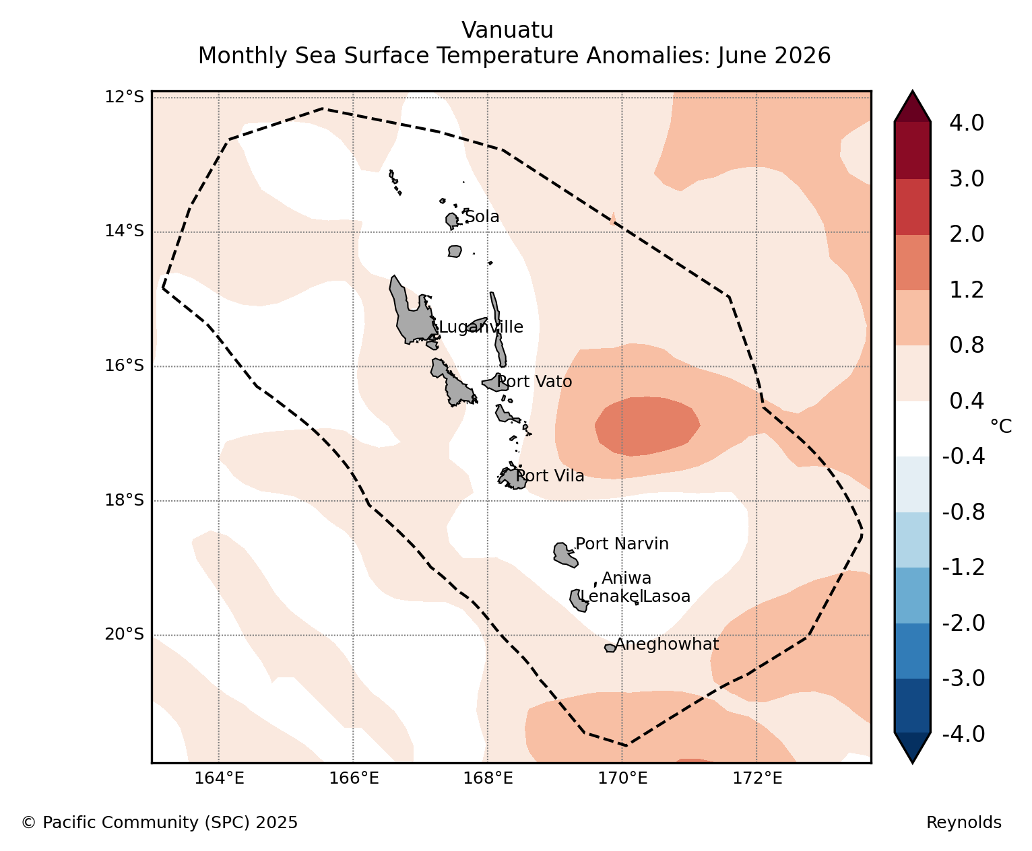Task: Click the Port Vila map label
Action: click(x=550, y=475)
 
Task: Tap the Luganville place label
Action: click(x=481, y=327)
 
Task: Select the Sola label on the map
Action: click(x=482, y=216)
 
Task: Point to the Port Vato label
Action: click(x=534, y=381)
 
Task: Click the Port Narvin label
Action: click(x=622, y=543)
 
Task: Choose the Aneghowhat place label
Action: click(x=667, y=644)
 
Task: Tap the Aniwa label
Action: click(x=626, y=578)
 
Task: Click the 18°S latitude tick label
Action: click(x=124, y=500)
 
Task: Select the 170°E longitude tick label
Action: click(x=622, y=778)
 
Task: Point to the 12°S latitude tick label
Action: click(x=124, y=97)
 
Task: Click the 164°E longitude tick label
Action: click(x=219, y=778)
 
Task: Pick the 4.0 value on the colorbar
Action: click(x=966, y=123)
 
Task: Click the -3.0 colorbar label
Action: click(x=963, y=678)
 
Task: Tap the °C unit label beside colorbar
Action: click(x=1001, y=425)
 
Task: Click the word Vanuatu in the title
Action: click(x=507, y=30)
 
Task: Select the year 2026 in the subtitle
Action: click(x=802, y=55)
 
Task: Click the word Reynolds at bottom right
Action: click(x=964, y=822)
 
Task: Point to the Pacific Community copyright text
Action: click(x=159, y=822)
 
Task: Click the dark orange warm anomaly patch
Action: click(x=647, y=425)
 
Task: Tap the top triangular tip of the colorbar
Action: click(x=912, y=91)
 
